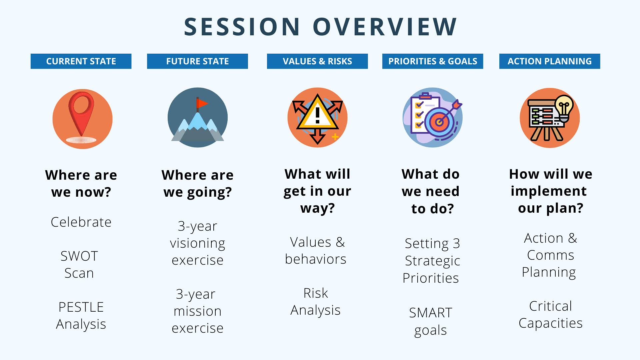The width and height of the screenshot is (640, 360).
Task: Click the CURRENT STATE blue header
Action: (x=81, y=61)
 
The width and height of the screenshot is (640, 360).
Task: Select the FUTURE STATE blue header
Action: (x=197, y=61)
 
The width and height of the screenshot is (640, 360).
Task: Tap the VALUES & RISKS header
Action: (x=317, y=61)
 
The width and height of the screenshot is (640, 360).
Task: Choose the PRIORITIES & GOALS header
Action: (x=433, y=61)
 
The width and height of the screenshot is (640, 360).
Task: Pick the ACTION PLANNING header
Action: (x=550, y=61)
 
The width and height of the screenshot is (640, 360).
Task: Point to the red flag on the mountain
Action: (x=202, y=104)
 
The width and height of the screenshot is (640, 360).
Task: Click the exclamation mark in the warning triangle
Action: (x=318, y=115)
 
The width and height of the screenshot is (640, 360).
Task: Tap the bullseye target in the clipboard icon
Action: (x=440, y=122)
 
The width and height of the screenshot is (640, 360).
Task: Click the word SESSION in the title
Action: (x=242, y=27)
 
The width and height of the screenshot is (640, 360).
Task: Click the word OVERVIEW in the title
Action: (x=385, y=27)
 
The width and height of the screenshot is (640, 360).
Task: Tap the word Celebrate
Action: (x=81, y=222)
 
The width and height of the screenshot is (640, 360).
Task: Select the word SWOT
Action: (x=79, y=256)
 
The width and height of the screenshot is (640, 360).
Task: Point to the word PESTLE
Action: (x=81, y=307)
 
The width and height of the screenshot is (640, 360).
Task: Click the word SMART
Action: (x=431, y=313)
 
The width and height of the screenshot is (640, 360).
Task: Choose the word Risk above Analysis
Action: (x=316, y=293)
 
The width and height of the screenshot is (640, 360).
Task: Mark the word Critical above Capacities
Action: (x=551, y=306)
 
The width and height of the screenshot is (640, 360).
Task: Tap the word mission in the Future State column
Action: (x=198, y=311)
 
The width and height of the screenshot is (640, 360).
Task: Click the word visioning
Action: (x=198, y=243)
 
